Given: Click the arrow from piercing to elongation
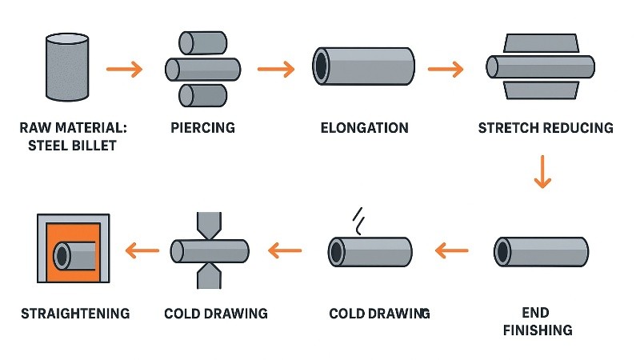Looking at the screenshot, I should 276,69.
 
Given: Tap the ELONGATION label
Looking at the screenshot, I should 364,128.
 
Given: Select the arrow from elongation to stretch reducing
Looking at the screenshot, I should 445,69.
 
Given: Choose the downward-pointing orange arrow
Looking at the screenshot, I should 542,172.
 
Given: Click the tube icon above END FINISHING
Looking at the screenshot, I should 541,251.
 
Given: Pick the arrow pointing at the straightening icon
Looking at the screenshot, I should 142,252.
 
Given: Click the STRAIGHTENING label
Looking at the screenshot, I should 74,313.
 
